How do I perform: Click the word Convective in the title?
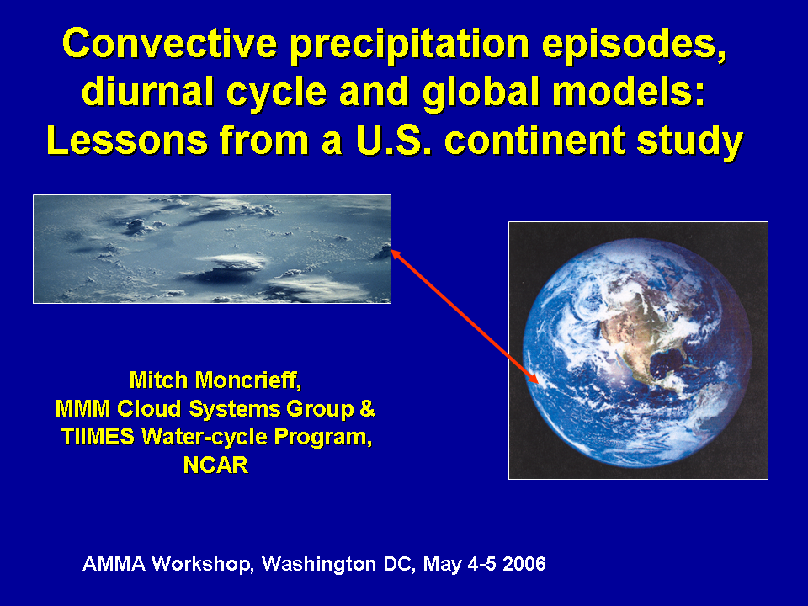click(x=169, y=43)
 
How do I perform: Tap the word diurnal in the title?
click(x=147, y=92)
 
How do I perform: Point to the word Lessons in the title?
click(x=127, y=140)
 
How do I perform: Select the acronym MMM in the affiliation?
click(x=82, y=409)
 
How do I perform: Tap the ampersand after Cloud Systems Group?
click(x=367, y=409)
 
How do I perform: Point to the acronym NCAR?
click(x=215, y=465)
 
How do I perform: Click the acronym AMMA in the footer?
click(x=114, y=564)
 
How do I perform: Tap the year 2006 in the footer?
click(x=524, y=564)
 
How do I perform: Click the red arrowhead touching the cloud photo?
click(x=396, y=254)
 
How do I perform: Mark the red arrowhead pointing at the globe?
click(x=533, y=378)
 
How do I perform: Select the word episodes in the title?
click(x=634, y=45)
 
